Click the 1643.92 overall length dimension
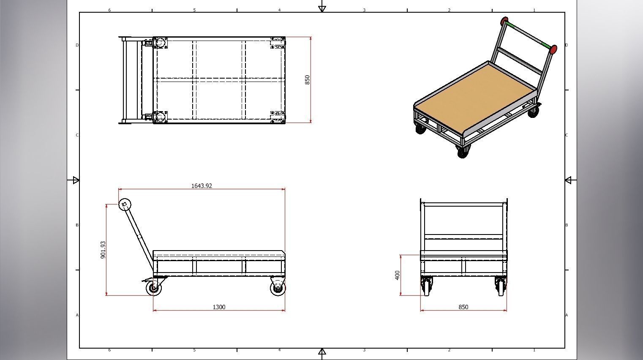coord(202,186)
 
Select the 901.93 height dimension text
coord(103,250)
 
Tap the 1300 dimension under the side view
coord(219,307)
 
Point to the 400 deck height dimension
coord(397,275)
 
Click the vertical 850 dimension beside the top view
coord(307,79)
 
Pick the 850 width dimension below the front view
coord(463,307)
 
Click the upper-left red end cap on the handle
coord(504,21)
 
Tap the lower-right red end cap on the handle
coord(553,49)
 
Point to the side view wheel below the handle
coord(154,288)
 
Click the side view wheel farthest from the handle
coord(278,288)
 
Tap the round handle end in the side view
coord(125,205)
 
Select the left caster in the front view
coord(427,286)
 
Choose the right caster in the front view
coord(501,286)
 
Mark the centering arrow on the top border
coord(322,8)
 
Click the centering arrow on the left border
coord(76,180)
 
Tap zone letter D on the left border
coord(77,45)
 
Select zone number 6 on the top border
coord(109,10)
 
